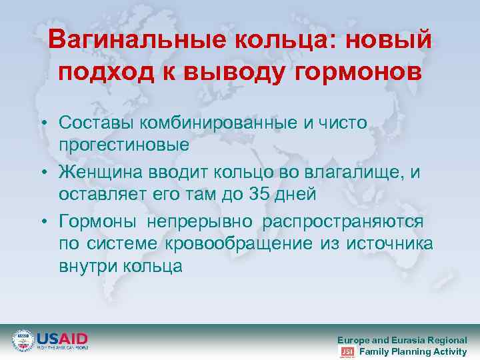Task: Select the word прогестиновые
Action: click(x=124, y=143)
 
